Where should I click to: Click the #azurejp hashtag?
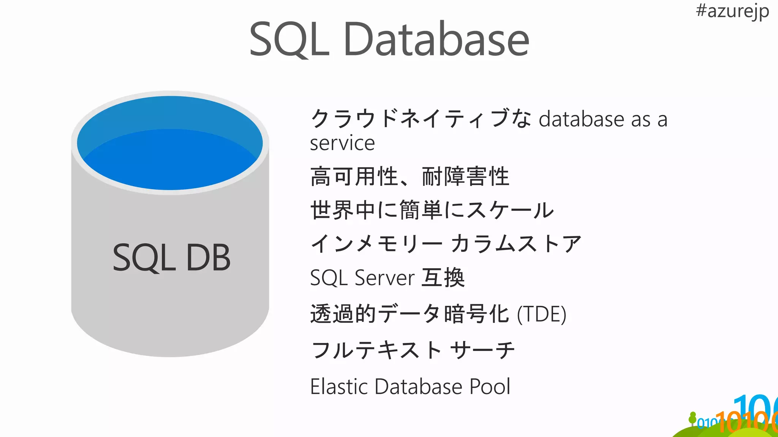[732, 11]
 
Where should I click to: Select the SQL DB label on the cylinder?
[171, 258]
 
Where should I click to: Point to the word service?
[342, 143]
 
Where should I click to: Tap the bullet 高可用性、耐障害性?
[410, 177]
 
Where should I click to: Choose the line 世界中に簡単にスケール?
[432, 210]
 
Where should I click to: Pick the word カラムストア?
[516, 244]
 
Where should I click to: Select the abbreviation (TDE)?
[541, 314]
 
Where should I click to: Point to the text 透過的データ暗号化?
[410, 314]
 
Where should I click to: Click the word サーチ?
[482, 350]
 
